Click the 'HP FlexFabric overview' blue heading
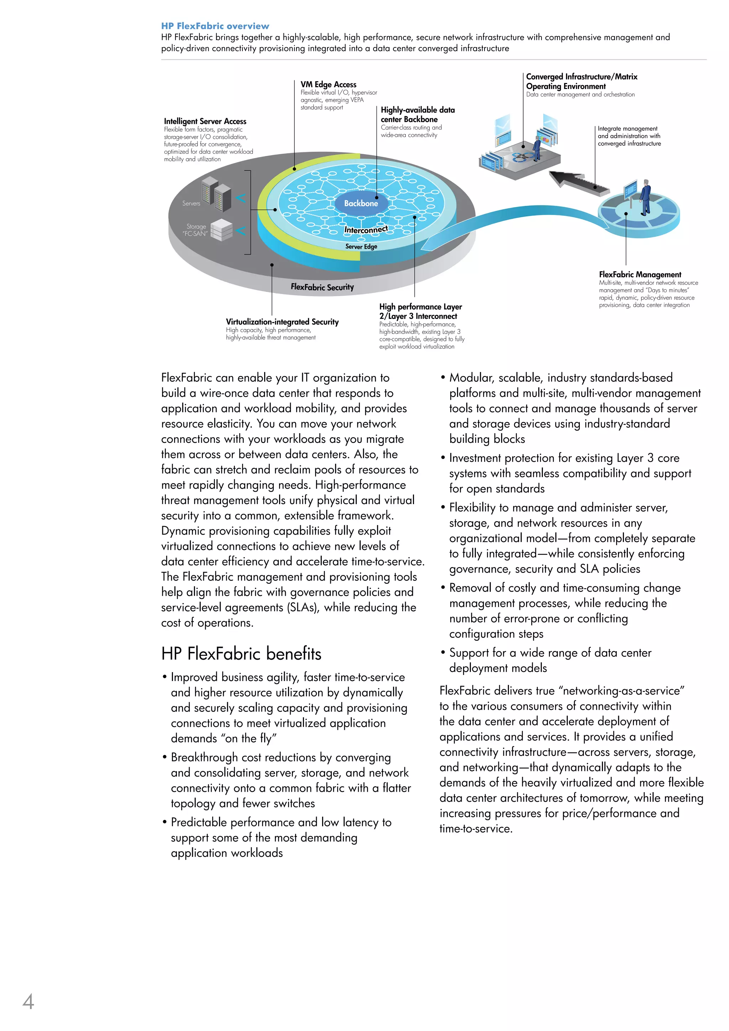click(x=215, y=26)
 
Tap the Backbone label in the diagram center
click(x=361, y=203)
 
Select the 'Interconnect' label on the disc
click(x=366, y=230)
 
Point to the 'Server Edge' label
click(x=361, y=246)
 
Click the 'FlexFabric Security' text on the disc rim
click(x=322, y=287)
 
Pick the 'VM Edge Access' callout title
click(x=328, y=84)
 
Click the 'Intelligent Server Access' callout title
click(x=205, y=121)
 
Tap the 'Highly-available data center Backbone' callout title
click(x=417, y=115)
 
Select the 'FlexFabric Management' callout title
click(x=640, y=274)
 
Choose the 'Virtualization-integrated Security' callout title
click(x=282, y=322)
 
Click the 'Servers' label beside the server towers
click(x=191, y=203)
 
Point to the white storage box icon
click(x=221, y=230)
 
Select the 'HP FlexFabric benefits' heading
click(x=241, y=654)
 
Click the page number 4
click(x=28, y=1002)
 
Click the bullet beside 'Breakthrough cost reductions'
click(x=165, y=758)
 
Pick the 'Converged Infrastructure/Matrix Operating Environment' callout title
click(x=581, y=81)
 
